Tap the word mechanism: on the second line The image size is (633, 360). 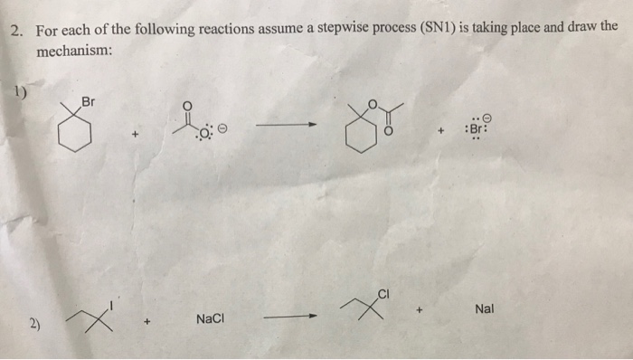(74, 51)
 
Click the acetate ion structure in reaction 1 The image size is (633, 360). (192, 123)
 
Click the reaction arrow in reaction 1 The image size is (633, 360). (286, 128)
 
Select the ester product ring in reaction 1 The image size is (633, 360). (354, 137)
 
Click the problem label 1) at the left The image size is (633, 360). (21, 90)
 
